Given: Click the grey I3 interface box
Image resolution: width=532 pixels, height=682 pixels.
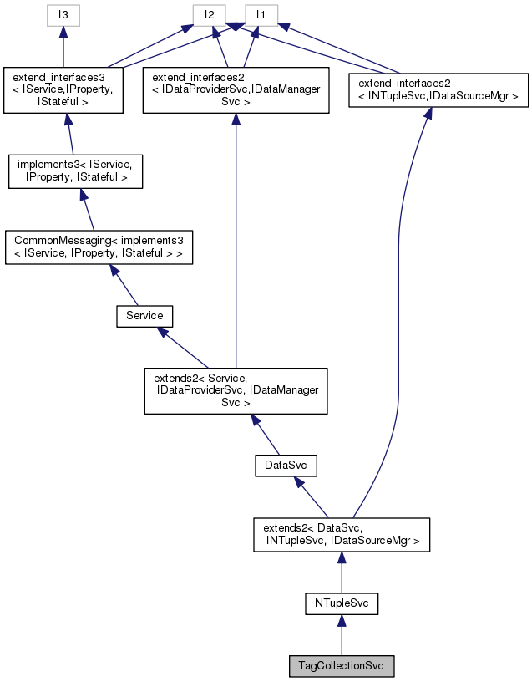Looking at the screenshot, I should click(63, 15).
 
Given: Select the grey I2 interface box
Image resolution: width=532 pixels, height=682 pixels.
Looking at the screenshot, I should click(210, 15).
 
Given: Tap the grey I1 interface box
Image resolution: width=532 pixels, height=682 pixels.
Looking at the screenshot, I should click(261, 15).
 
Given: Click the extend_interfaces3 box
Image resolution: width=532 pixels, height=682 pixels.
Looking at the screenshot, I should click(63, 89).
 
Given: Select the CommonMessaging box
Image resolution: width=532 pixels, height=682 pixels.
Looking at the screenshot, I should click(99, 248).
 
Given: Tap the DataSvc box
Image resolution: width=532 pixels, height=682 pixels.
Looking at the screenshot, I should click(286, 465).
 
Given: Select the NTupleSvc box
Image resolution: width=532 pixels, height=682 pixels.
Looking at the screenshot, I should click(341, 603).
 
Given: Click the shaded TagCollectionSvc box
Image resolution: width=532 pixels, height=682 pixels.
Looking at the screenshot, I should click(341, 666).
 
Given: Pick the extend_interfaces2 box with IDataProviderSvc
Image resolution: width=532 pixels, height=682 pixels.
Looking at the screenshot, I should click(236, 89).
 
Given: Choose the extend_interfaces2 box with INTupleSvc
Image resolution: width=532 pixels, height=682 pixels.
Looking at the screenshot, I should click(438, 89).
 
